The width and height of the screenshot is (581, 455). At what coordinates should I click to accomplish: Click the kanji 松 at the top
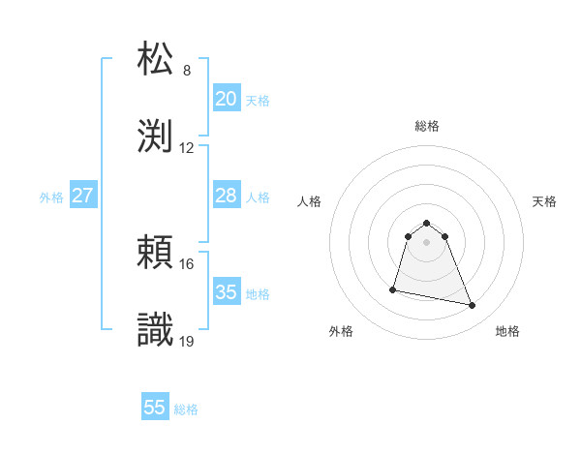[156, 58]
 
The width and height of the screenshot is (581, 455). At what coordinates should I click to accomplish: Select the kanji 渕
[156, 135]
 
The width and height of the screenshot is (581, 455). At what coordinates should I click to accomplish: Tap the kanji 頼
[156, 253]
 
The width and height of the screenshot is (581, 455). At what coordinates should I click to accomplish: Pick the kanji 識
[156, 329]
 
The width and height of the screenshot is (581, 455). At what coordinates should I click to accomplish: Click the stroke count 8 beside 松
[187, 71]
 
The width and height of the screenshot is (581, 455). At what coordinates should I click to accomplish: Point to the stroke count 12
[187, 148]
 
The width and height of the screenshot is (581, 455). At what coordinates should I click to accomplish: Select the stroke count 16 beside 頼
[187, 264]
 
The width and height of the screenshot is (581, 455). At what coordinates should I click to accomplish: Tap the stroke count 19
[187, 342]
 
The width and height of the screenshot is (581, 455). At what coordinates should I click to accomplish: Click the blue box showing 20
[226, 98]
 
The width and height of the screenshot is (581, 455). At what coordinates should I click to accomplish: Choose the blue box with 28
[226, 196]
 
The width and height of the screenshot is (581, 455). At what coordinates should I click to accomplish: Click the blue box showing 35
[226, 292]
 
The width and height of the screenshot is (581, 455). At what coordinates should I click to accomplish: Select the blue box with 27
[83, 196]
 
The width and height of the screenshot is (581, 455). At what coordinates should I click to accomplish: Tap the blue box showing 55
[155, 408]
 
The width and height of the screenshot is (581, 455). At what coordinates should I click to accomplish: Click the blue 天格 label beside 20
[258, 100]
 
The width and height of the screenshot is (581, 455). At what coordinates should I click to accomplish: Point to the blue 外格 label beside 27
[51, 197]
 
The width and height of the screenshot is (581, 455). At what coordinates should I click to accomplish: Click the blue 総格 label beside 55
[186, 409]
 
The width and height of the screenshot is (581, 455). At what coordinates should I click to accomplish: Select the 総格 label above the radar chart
[427, 126]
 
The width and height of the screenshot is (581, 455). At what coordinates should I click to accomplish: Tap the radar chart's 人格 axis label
[311, 201]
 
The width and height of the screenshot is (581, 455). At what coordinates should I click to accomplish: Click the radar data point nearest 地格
[473, 306]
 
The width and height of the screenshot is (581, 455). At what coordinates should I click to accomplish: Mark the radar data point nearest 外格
[393, 288]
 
